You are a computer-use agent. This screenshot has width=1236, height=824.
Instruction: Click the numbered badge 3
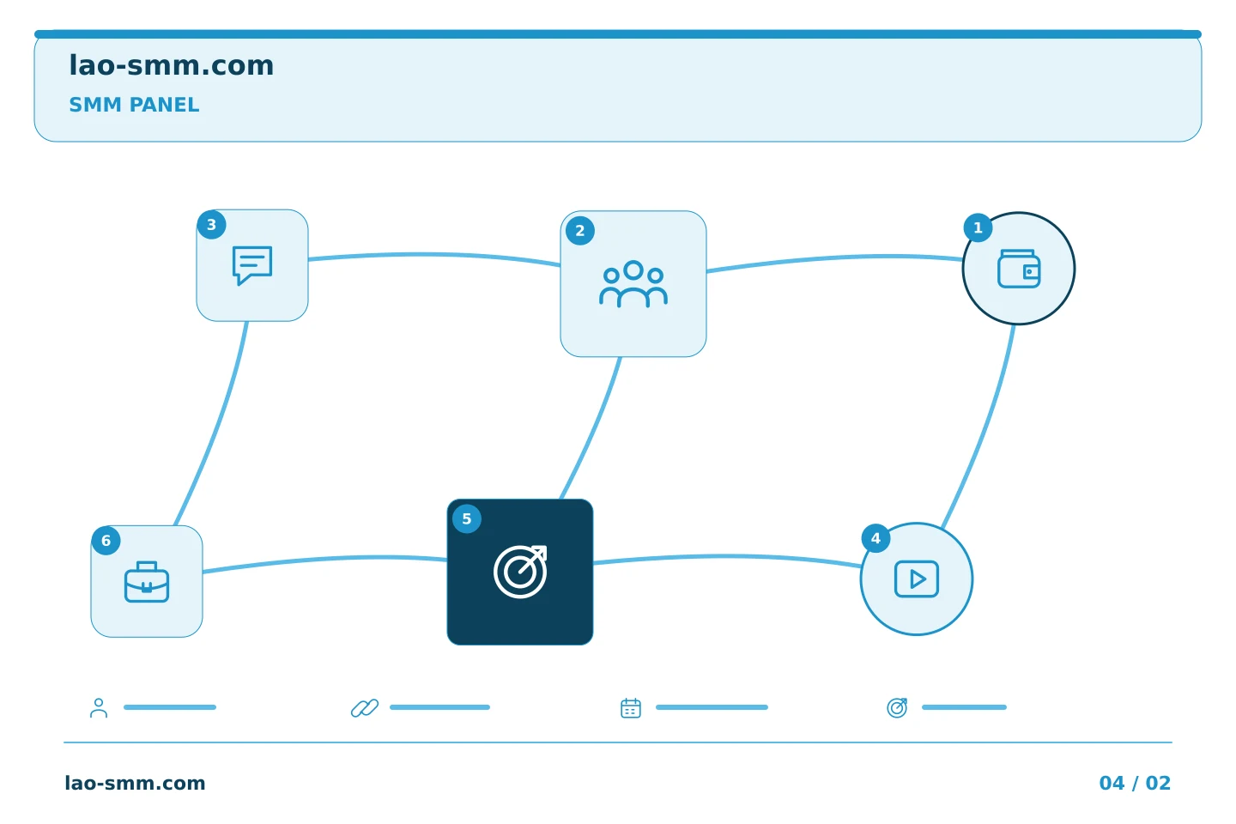211,225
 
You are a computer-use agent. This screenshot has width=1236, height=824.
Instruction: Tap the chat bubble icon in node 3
252,265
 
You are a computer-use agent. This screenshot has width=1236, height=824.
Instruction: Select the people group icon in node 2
633,284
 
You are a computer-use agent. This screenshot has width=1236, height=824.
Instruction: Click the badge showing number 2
580,231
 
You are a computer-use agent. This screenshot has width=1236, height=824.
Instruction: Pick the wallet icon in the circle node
1019,269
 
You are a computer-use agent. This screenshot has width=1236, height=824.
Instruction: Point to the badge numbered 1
978,228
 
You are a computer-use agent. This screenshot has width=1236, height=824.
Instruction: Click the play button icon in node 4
917,579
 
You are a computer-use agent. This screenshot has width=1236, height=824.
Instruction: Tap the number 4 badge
875,538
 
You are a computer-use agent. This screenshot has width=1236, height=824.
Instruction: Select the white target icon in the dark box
520,572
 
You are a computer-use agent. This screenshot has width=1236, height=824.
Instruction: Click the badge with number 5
467,518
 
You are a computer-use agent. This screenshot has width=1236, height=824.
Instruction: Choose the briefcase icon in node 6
147,582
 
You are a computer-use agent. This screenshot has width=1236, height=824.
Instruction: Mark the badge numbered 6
106,540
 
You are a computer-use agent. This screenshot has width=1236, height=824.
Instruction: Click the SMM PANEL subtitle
134,105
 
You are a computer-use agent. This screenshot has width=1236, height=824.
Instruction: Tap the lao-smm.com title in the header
171,65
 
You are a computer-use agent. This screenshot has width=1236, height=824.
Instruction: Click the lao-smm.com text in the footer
136,783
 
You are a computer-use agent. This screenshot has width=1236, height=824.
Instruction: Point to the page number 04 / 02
1135,783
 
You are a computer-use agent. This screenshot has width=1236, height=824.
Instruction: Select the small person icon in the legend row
99,707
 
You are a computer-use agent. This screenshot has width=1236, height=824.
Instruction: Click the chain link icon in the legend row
365,707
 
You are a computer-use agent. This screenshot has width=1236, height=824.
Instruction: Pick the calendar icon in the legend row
631,707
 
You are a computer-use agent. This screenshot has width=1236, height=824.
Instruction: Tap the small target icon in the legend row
897,707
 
